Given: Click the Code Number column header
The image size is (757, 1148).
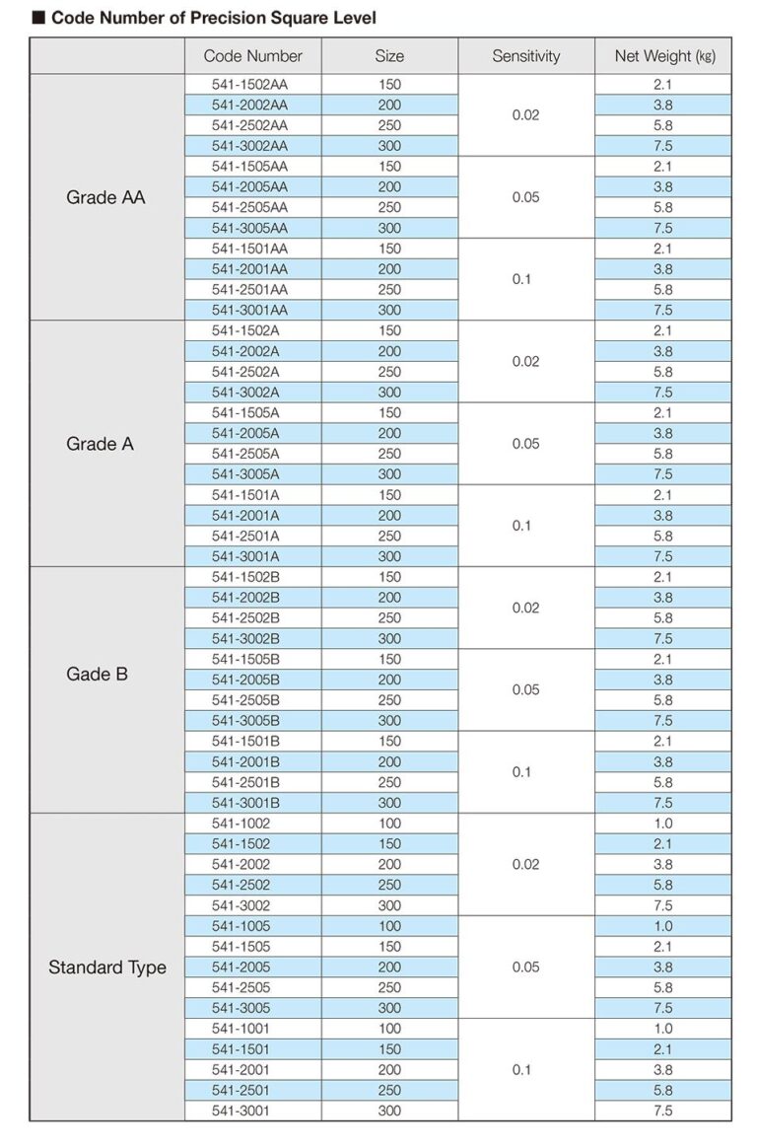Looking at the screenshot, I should click(x=252, y=56).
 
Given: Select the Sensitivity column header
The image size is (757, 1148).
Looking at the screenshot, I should click(x=525, y=56).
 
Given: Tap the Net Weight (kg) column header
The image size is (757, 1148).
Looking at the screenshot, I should click(x=663, y=56).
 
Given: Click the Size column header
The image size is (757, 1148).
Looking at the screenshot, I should click(x=389, y=56).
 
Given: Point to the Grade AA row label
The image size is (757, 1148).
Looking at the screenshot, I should click(x=105, y=197).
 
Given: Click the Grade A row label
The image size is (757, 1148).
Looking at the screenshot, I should click(x=100, y=444).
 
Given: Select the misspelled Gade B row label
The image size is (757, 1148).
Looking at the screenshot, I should click(x=97, y=675).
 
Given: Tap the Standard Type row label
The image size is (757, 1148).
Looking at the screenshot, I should click(x=106, y=967).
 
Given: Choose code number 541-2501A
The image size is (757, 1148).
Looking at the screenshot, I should click(x=245, y=536).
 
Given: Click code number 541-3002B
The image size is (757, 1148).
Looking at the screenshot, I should click(x=245, y=638).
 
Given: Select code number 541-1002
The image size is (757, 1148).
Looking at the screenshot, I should click(x=241, y=824).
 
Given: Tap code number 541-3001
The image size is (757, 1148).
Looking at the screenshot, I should click(x=241, y=1111).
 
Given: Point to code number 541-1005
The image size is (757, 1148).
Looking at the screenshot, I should click(x=241, y=926).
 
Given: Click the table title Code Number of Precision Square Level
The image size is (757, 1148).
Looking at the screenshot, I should click(x=213, y=18).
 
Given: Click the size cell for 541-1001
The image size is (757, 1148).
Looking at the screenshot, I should click(x=389, y=1029).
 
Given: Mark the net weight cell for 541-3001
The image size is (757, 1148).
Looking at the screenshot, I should click(x=663, y=1111).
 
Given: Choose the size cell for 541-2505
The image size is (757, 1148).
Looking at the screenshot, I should click(x=389, y=987).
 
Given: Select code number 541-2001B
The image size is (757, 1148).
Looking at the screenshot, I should click(x=245, y=761).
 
